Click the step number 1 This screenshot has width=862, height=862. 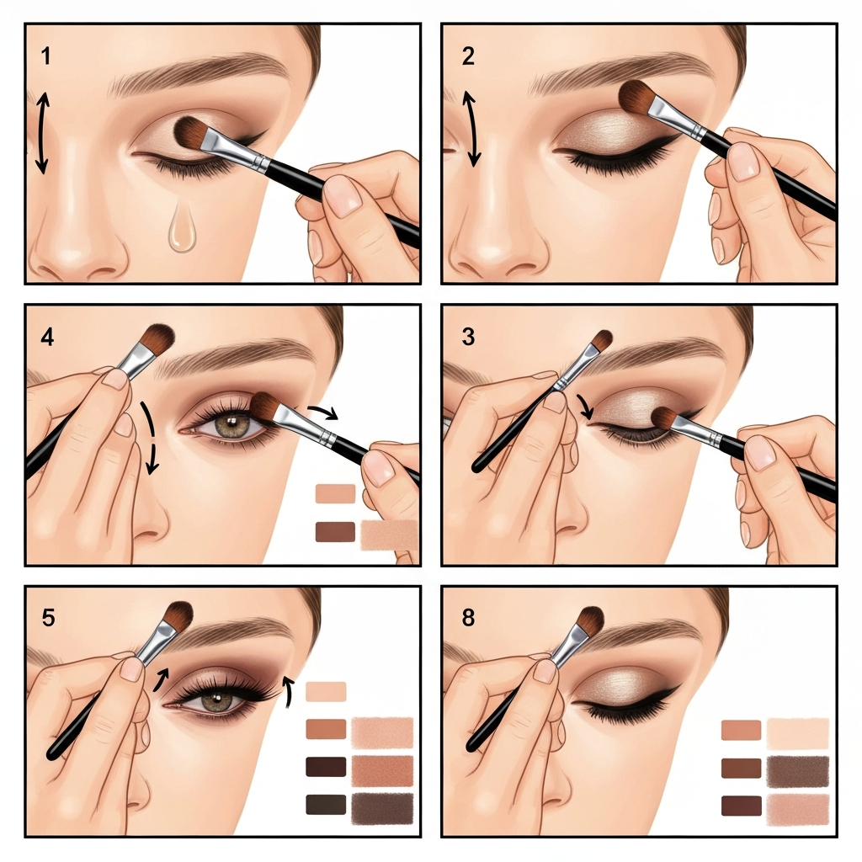(45, 56)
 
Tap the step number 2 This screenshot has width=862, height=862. (468, 56)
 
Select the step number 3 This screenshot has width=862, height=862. (468, 337)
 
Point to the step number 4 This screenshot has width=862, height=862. (47, 337)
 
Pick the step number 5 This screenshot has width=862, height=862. (48, 617)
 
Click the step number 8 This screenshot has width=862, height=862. (468, 617)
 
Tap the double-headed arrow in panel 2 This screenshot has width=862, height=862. (470, 129)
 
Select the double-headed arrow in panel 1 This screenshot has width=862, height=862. (42, 133)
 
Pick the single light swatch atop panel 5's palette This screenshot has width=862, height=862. (326, 692)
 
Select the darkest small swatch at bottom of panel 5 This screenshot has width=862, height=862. (326, 804)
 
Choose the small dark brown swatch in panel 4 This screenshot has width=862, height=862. (335, 532)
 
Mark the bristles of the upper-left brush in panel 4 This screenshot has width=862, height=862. (157, 338)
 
